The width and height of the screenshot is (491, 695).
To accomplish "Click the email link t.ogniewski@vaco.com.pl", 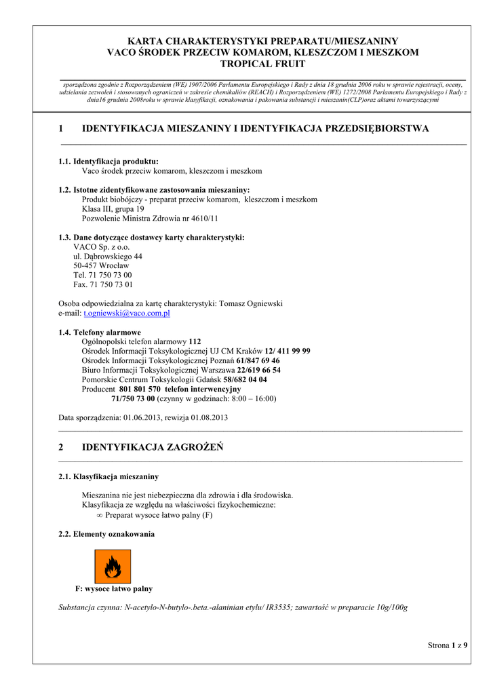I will pyautogui.click(x=126, y=314).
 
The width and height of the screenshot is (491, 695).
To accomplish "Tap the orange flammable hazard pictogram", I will pyautogui.click(x=113, y=566).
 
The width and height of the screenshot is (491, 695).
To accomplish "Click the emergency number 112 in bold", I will pyautogui.click(x=195, y=341).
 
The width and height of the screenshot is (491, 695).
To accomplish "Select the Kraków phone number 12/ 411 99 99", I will pyautogui.click(x=288, y=351).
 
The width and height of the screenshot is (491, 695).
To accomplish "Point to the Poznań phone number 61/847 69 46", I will pyautogui.click(x=258, y=360).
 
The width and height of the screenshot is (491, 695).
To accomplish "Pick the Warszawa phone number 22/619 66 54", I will pyautogui.click(x=258, y=370).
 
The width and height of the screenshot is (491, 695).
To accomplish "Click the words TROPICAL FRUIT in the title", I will pyautogui.click(x=263, y=64).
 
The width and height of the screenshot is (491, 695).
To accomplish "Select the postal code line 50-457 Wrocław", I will pyautogui.click(x=101, y=265).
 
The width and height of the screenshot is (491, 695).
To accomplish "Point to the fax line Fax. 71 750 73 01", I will pyautogui.click(x=102, y=284).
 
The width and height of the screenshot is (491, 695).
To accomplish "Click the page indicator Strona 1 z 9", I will pyautogui.click(x=448, y=645).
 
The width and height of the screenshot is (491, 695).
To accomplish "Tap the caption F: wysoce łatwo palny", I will pyautogui.click(x=113, y=588).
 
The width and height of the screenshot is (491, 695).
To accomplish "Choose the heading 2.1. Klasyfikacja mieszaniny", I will pyautogui.click(x=109, y=476).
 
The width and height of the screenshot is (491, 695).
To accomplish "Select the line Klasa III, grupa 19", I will pyautogui.click(x=113, y=209).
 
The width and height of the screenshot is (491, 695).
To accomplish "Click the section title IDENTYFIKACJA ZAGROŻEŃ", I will pyautogui.click(x=153, y=447).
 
